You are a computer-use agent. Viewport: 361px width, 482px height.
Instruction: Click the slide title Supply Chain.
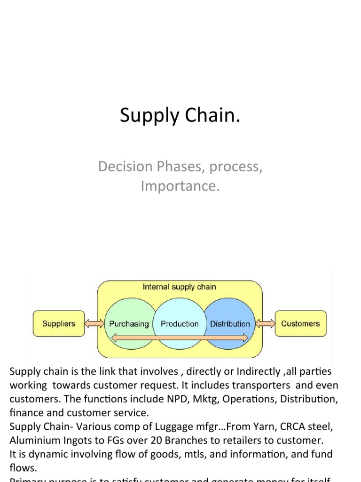[x=180, y=116]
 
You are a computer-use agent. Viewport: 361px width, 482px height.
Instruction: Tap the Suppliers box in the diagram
[x=59, y=323]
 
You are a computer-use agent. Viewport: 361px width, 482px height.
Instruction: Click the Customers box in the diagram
[x=300, y=323]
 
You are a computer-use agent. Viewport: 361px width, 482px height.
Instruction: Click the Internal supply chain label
[x=179, y=287]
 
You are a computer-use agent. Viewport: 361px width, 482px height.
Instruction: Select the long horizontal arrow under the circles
[x=179, y=337]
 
